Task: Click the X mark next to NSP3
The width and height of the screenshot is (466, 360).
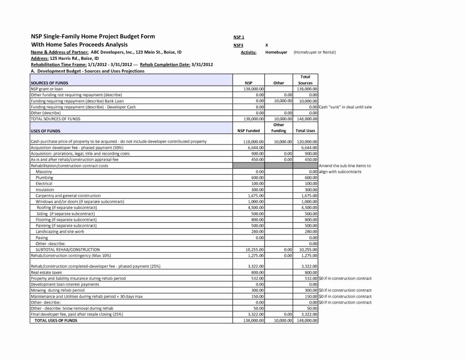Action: point(267,45)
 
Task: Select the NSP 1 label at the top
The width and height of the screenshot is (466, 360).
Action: point(239,37)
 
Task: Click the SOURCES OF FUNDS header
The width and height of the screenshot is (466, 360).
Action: point(49,83)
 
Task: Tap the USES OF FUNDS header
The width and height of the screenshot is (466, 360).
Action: point(45,131)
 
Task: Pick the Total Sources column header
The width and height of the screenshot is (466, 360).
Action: point(305,80)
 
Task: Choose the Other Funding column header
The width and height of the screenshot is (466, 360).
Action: point(278,128)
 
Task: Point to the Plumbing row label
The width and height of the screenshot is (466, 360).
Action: point(44,177)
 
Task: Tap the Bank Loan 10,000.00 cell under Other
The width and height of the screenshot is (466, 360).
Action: point(283,101)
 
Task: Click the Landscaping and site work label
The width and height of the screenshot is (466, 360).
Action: point(59,232)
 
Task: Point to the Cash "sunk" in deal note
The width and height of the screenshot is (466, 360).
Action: point(345,107)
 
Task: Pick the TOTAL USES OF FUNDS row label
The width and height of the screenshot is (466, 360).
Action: point(56,320)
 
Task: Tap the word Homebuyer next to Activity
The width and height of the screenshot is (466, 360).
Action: point(276,52)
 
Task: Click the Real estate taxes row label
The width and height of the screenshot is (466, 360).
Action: point(46,272)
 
